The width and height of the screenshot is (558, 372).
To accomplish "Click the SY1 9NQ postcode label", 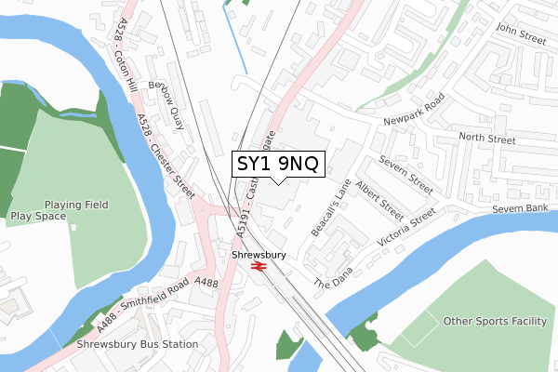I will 278,165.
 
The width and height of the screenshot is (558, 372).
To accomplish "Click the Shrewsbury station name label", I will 259,254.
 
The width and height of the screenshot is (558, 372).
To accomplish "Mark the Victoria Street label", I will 406,229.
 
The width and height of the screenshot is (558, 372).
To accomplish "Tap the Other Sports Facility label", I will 495,321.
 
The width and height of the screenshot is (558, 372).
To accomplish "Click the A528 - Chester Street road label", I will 166,153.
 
